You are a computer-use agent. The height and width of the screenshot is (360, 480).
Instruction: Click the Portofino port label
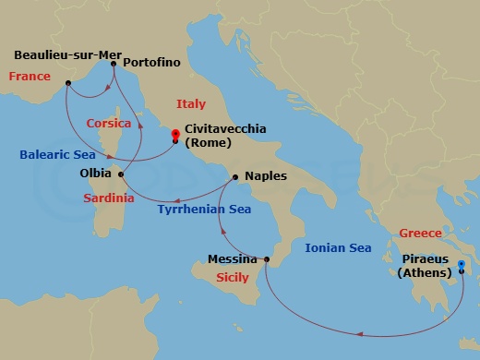pyautogui.click(x=152, y=64)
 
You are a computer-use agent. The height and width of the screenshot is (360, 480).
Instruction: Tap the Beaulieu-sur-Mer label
pyautogui.click(x=62, y=54)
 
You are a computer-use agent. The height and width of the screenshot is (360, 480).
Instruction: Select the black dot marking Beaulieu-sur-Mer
pyautogui.click(x=68, y=84)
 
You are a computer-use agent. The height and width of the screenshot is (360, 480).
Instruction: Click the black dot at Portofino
pyautogui.click(x=114, y=64)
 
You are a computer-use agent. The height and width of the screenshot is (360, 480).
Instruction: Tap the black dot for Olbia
pyautogui.click(x=121, y=173)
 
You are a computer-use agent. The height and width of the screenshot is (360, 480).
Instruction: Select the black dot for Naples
pyautogui.click(x=235, y=176)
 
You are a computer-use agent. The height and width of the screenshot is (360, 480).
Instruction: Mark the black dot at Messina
pyautogui.click(x=266, y=260)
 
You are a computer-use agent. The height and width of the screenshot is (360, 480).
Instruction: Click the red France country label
pyautogui.click(x=30, y=77)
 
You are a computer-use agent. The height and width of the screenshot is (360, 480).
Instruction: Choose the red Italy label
pyautogui.click(x=190, y=104)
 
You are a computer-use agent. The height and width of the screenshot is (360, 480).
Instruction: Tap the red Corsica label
pyautogui.click(x=110, y=123)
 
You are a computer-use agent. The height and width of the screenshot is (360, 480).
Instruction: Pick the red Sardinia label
pyautogui.click(x=109, y=198)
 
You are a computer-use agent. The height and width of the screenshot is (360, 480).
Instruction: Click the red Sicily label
pyautogui.click(x=232, y=276)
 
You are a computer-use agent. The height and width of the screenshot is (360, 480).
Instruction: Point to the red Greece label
pyautogui.click(x=420, y=234)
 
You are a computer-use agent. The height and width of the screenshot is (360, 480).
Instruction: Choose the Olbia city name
pyautogui.click(x=95, y=173)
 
